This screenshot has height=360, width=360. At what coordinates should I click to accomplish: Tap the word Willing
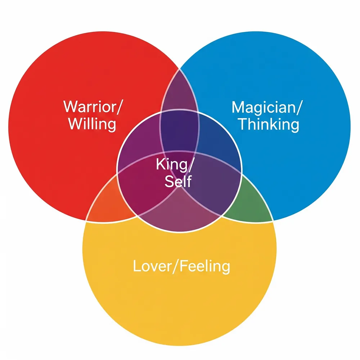[92, 124]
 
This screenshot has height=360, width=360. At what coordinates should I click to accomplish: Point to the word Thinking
[268, 125]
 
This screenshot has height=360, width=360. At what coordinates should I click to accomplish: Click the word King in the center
[171, 165]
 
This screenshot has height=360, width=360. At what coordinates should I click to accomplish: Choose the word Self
[178, 181]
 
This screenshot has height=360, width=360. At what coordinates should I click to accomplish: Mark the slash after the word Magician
[296, 107]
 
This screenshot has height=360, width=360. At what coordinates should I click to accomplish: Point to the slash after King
[191, 165]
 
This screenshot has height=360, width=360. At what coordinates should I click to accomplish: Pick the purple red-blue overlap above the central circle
[179, 90]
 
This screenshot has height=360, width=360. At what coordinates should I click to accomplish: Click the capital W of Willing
[75, 124]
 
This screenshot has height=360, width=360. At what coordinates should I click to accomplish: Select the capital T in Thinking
[243, 125]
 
